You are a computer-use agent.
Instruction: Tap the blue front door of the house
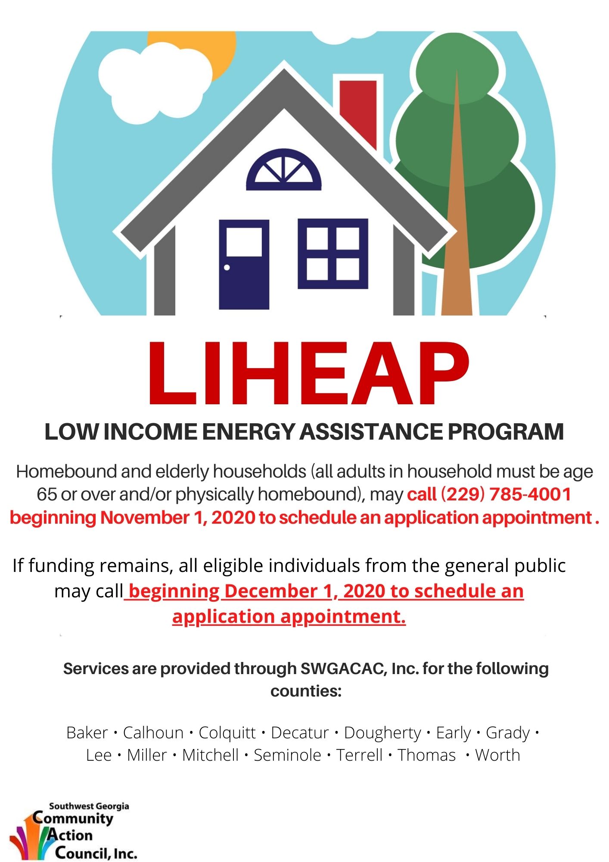click(244, 276)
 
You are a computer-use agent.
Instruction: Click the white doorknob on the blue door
click(227, 268)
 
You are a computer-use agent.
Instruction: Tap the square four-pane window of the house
click(333, 254)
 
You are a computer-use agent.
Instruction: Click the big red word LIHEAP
click(308, 374)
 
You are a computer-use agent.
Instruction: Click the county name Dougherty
click(382, 733)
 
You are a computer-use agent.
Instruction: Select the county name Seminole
click(287, 756)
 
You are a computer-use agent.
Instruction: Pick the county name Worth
click(497, 756)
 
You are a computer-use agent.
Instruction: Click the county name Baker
click(87, 733)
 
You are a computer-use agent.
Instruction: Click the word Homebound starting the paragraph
click(67, 472)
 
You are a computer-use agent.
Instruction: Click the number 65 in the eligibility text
click(47, 494)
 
